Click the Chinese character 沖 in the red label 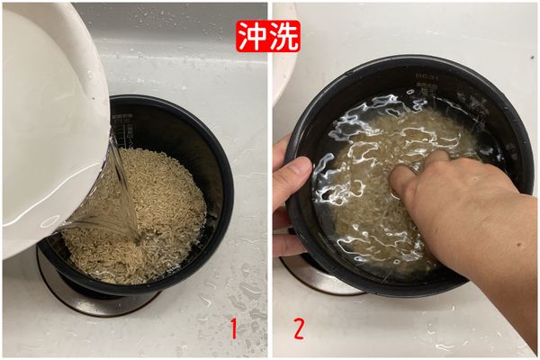pyautogui.click(x=254, y=35)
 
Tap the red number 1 pyautogui.click(x=234, y=328)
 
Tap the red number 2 pyautogui.click(x=297, y=328)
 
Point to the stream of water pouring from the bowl pyautogui.click(x=121, y=193)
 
